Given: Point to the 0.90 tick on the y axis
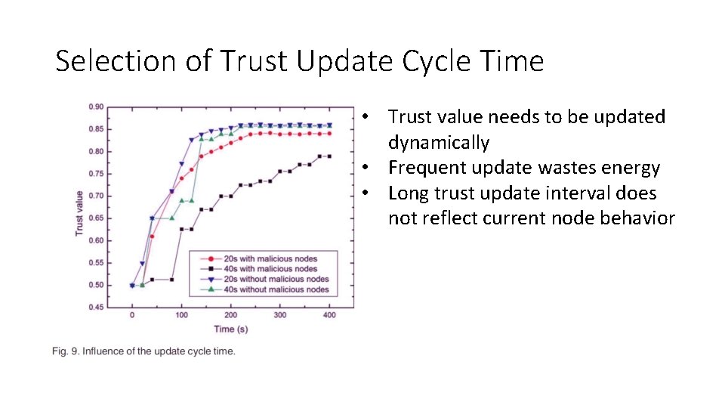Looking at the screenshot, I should tap(95, 107).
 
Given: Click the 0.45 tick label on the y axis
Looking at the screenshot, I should tap(95, 307).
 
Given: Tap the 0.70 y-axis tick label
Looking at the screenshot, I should tap(95, 196).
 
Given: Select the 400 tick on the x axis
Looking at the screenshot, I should tap(329, 315).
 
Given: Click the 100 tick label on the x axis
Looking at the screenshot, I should tap(181, 315).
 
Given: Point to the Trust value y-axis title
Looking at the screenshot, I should tap(80, 212).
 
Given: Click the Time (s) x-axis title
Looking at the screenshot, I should tap(230, 329).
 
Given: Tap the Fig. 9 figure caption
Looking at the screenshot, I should tap(143, 351).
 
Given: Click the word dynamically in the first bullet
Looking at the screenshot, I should tap(438, 142).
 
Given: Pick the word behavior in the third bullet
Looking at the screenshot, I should tap(637, 218).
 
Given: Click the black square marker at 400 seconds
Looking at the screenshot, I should tap(329, 156).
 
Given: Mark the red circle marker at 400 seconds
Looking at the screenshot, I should tap(329, 134).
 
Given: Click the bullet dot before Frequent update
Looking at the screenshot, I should tap(365, 168).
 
